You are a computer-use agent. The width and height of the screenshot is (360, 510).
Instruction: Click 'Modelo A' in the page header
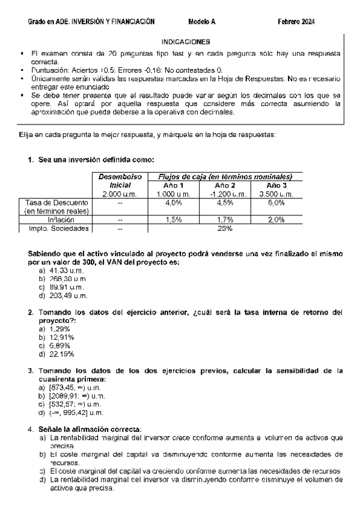pos(201,22)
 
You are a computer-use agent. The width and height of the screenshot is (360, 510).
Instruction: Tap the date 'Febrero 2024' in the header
pos(296,22)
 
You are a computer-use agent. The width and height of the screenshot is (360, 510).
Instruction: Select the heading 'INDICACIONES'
pos(186,42)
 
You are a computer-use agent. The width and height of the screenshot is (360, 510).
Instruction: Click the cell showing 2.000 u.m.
pos(120,195)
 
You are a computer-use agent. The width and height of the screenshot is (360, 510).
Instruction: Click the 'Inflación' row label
pos(57,220)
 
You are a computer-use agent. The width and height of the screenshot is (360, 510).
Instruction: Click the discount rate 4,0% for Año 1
pos(173,203)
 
